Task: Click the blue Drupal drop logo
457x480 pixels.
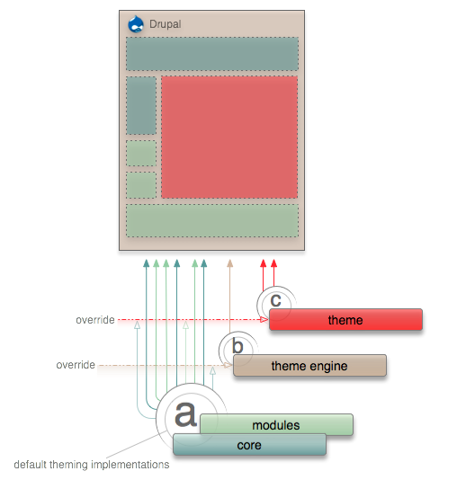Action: (x=136, y=24)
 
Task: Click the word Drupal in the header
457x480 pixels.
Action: (x=166, y=24)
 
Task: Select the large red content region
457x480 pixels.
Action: (x=229, y=138)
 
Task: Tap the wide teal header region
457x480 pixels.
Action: (x=212, y=54)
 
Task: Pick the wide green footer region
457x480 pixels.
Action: (x=212, y=221)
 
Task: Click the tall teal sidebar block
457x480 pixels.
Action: (x=141, y=105)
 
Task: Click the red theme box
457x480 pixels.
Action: (x=345, y=320)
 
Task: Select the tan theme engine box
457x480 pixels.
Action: (x=309, y=366)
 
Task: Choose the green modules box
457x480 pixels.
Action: (x=276, y=424)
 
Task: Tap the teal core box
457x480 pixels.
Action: (x=249, y=444)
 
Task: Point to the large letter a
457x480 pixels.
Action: (x=185, y=413)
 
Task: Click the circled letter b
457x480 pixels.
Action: (x=237, y=346)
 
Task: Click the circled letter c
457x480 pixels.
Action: (x=275, y=300)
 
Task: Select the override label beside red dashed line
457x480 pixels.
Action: (x=95, y=320)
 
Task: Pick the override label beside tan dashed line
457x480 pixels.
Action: (x=76, y=365)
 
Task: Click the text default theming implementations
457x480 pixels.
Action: (x=92, y=465)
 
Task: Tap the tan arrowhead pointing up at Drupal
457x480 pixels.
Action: (x=230, y=263)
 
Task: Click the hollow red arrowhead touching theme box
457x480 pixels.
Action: (x=264, y=320)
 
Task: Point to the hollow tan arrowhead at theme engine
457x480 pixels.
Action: (x=228, y=365)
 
